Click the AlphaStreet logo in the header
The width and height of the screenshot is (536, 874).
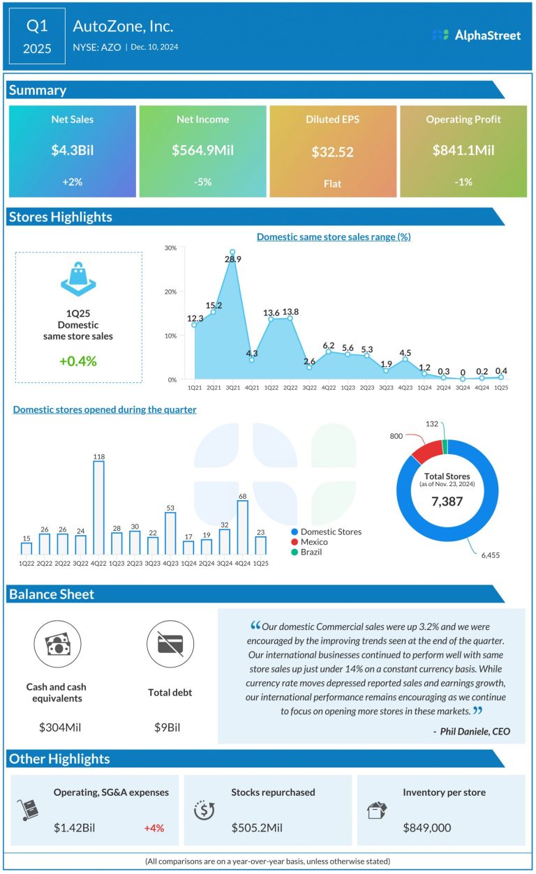[476, 35]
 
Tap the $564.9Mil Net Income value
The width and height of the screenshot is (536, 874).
[202, 150]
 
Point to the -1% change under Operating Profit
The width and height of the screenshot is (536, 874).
[463, 182]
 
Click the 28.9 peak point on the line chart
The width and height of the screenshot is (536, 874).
[232, 252]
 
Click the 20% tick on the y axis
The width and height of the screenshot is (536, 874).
[170, 292]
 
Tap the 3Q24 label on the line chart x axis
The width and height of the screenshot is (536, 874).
[462, 386]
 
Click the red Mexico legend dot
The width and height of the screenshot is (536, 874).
[295, 542]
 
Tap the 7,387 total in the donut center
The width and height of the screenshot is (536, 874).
[447, 501]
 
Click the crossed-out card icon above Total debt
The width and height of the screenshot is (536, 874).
[170, 645]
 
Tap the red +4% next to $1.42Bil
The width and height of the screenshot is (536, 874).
[154, 828]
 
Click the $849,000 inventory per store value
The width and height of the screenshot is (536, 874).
[427, 828]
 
